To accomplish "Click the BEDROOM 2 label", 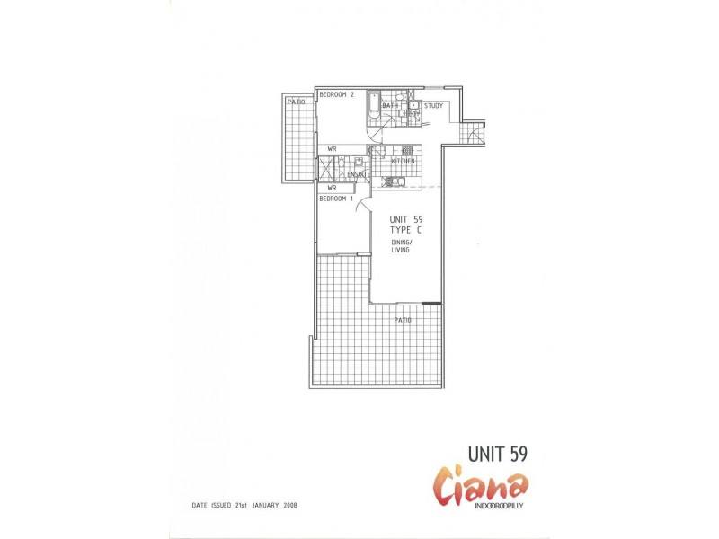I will tap(337, 94).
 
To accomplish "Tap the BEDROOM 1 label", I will tap(337, 199).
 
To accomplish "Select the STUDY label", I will tap(434, 106).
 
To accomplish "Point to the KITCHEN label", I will tap(403, 161).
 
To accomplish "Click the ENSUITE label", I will tap(359, 174).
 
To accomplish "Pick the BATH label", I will tap(389, 106).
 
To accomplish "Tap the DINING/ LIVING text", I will tap(400, 246).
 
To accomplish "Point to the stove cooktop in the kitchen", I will tap(407, 150).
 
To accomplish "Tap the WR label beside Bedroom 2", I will tap(332, 149).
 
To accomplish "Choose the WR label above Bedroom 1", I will tap(332, 188).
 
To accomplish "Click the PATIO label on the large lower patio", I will tap(403, 320).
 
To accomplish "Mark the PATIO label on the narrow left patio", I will tap(296, 102).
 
